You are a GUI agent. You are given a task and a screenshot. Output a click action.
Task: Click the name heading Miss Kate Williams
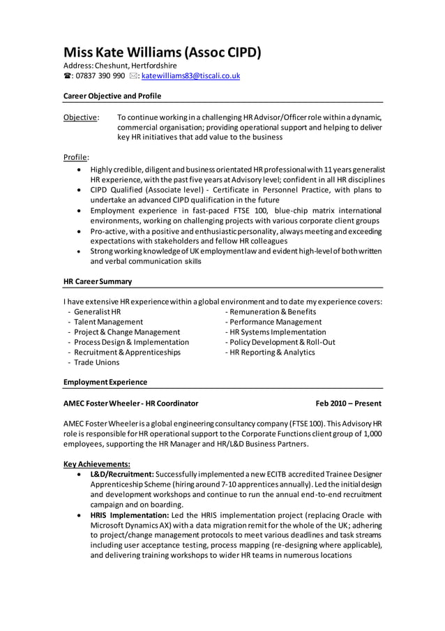pos(162,52)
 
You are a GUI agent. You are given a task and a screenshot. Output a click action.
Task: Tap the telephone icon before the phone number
pos(67,76)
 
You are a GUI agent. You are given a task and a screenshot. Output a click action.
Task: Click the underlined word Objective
pos(80,117)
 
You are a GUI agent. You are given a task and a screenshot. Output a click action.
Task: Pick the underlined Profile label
pos(75,157)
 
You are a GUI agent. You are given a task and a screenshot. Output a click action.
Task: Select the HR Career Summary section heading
pos(98,282)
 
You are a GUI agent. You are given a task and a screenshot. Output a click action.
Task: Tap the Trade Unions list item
pos(96,362)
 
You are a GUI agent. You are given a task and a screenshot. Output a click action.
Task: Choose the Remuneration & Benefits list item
pos(270,311)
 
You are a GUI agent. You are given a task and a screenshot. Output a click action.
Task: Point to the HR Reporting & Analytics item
pos(269,352)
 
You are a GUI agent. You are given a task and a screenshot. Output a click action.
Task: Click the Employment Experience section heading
pos(105,382)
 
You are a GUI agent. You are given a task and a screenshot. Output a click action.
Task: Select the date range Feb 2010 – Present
pos(348,403)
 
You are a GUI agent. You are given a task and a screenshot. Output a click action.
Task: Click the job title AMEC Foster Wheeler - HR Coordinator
pos(130,403)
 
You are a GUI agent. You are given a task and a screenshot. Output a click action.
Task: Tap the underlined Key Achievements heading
pos(97,463)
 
